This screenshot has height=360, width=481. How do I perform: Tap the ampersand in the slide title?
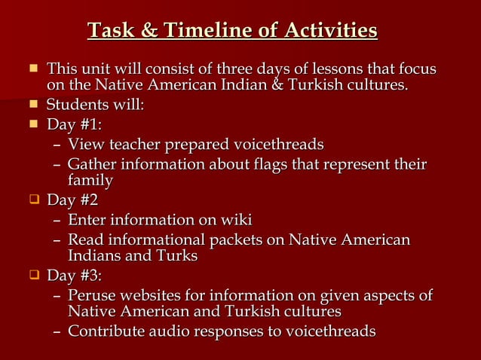(149, 31)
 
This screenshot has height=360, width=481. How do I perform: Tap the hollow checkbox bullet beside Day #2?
(32, 200)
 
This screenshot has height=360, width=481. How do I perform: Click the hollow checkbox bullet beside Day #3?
(32, 275)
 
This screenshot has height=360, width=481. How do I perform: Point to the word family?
(90, 181)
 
